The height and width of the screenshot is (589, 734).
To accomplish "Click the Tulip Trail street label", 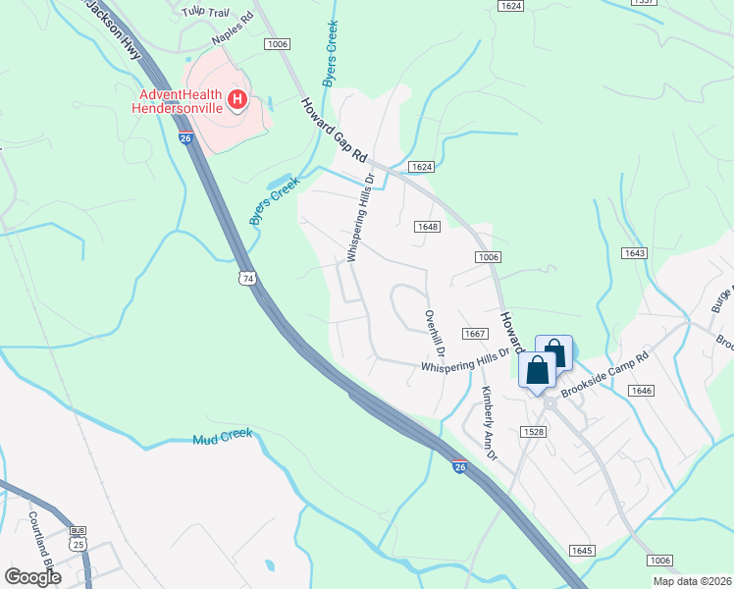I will click(205, 12).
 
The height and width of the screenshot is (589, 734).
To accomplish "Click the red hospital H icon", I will click(236, 99).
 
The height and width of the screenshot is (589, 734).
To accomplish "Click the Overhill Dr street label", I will click(434, 334).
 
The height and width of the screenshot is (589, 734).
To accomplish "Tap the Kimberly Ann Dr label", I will click(489, 422).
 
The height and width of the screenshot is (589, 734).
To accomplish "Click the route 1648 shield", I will click(426, 227).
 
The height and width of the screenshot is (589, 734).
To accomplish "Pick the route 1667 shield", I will click(475, 335).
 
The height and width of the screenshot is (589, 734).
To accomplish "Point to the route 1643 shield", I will click(634, 253).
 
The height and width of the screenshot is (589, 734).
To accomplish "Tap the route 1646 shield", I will click(641, 391).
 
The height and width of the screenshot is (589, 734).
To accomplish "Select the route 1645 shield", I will click(582, 550).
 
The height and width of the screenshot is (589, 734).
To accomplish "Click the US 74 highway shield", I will click(247, 279).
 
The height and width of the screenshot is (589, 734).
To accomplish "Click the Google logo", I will click(32, 576).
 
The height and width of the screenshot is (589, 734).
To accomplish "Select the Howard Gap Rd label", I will click(333, 131).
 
